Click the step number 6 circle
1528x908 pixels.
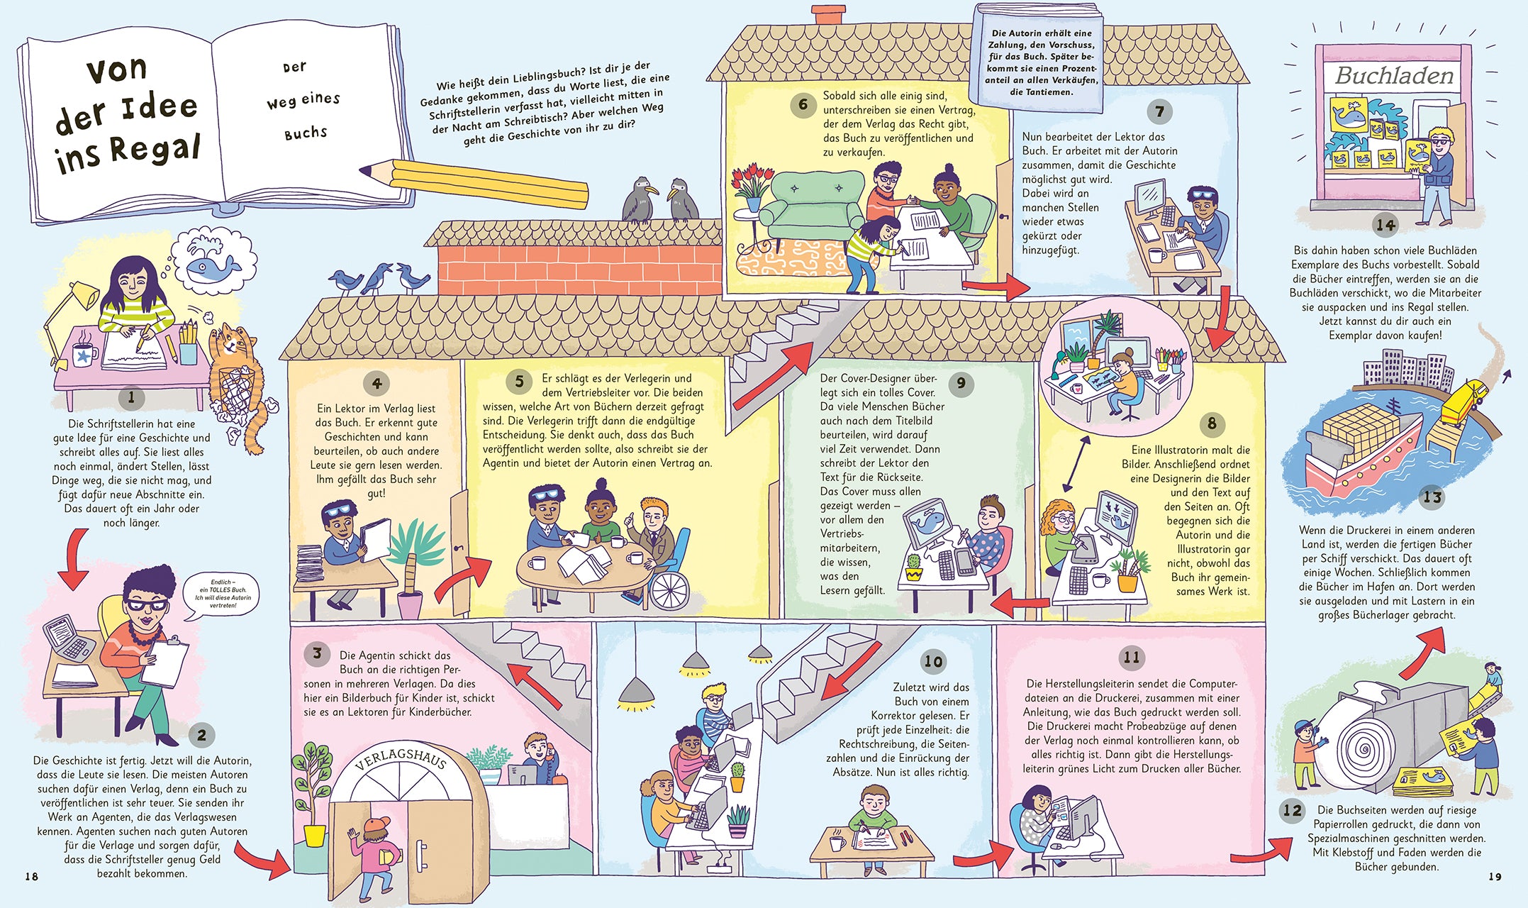click(x=803, y=105)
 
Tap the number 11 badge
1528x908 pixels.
click(x=1131, y=657)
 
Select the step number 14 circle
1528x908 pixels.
click(x=1385, y=225)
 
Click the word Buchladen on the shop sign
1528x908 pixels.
click(x=1394, y=75)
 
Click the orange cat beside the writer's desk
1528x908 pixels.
click(x=238, y=383)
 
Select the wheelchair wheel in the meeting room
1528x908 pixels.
click(x=669, y=589)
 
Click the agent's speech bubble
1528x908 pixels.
click(x=223, y=595)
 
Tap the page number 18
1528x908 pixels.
click(x=32, y=877)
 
